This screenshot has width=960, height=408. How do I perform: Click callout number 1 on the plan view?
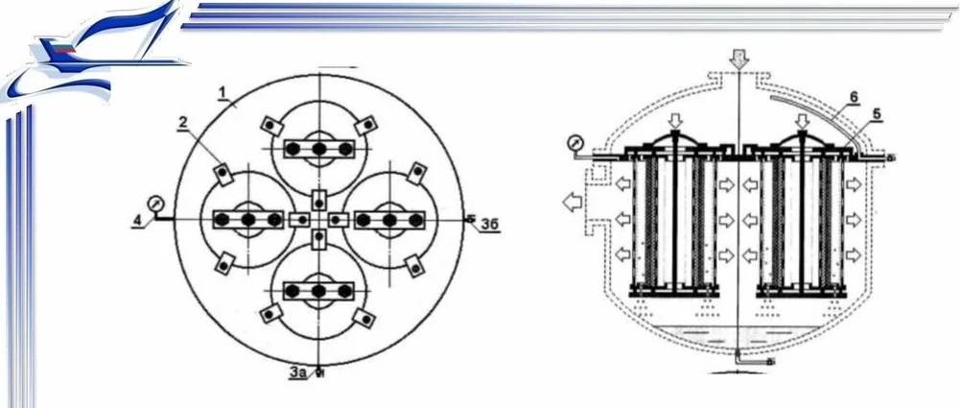(x=223, y=92)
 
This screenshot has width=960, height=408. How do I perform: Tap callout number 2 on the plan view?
(x=183, y=123)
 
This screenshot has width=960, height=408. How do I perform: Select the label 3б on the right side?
(x=490, y=225)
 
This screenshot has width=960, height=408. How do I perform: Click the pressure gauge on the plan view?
(x=155, y=202)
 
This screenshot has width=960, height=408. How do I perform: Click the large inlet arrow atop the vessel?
(x=739, y=59)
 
